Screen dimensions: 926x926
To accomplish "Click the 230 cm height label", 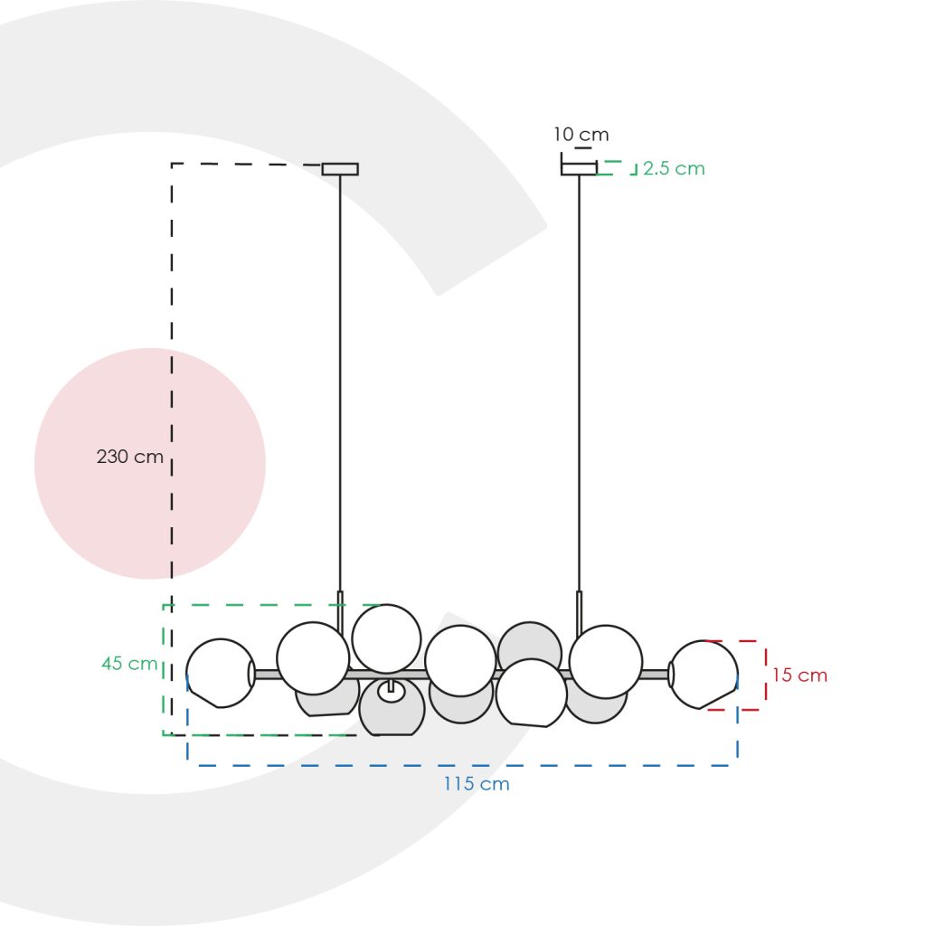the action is tap(130, 457).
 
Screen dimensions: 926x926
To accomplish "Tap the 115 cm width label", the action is tap(477, 784).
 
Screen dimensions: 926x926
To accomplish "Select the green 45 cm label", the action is tap(129, 663).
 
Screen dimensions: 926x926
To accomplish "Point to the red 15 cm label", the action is tap(799, 675).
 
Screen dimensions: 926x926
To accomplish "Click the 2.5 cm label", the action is tap(674, 168).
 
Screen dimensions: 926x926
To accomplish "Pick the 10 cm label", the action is tap(581, 134).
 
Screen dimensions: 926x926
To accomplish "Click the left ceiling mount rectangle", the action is tap(340, 169).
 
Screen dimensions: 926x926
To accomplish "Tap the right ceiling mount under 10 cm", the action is tap(579, 169).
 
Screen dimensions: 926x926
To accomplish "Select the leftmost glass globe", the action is tap(221, 673).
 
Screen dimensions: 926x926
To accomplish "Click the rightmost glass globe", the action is tap(704, 675).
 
